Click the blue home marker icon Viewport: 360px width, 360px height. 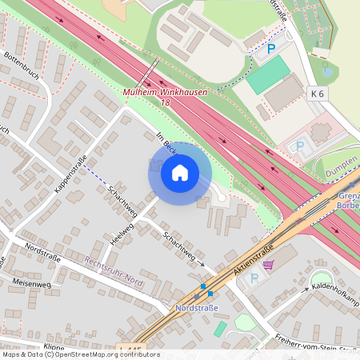(180, 173)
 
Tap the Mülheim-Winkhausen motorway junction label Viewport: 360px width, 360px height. (165, 93)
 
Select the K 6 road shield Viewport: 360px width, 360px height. (318, 94)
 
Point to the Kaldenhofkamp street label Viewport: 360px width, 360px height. (335, 286)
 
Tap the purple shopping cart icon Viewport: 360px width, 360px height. (269, 265)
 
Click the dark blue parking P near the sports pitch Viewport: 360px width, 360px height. (270, 49)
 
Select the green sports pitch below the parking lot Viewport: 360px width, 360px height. (268, 74)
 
